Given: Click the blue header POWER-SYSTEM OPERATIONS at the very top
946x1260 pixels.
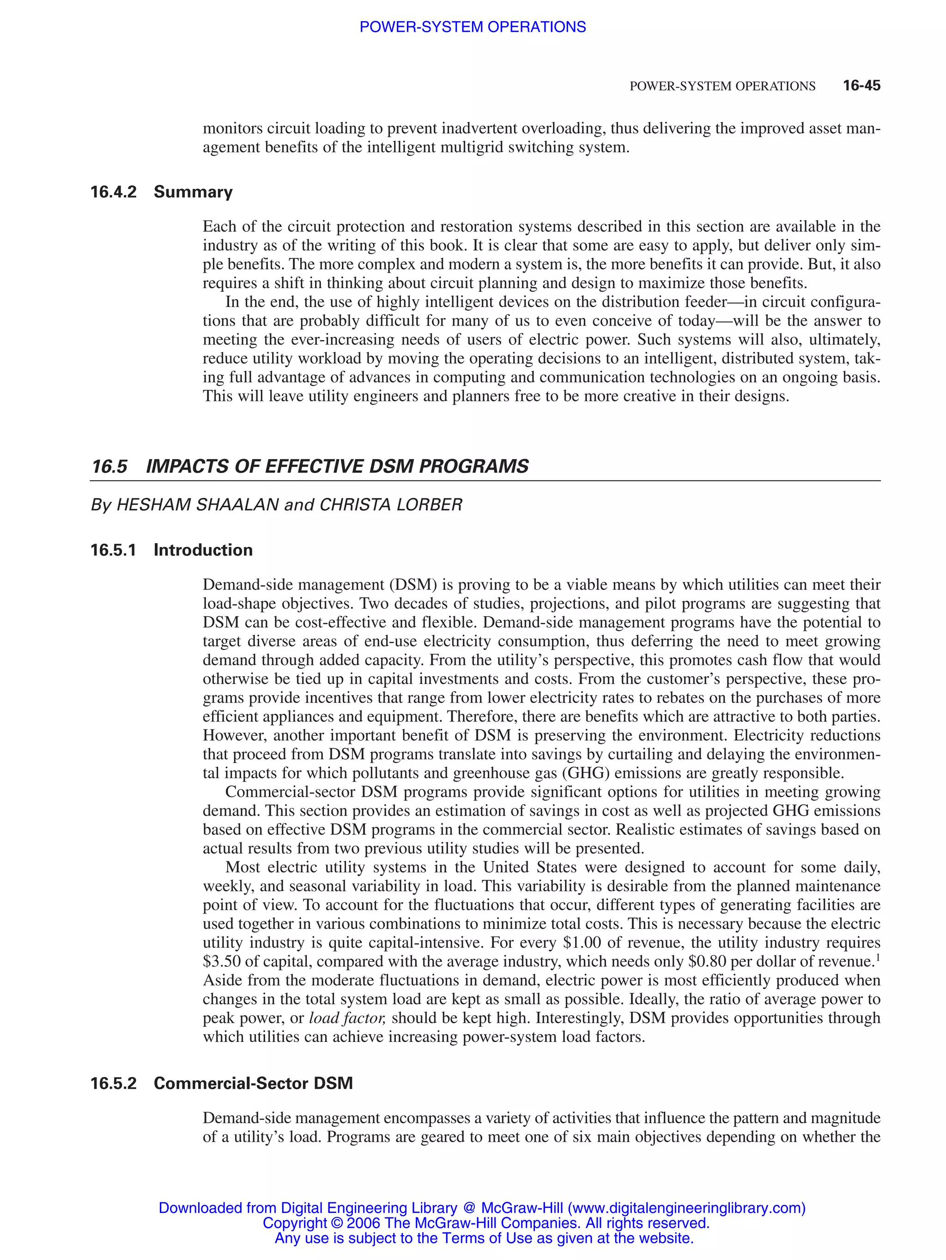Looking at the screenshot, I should pos(472,27).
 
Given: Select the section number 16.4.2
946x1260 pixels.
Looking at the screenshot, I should pos(114,192).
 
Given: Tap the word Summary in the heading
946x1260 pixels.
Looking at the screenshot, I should pos(193,192).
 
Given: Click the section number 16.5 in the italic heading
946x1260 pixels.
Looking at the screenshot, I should pos(109,466).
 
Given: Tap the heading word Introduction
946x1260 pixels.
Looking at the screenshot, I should pos(203,550).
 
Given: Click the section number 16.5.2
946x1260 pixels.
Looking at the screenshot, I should pos(114,1084).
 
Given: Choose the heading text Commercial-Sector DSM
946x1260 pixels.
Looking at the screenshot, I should pos(253,1084).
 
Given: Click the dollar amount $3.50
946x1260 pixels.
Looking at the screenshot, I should pos(221,962).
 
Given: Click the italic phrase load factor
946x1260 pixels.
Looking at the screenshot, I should pos(347,1018).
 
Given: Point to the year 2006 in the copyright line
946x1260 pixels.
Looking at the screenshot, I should pos(364,1224).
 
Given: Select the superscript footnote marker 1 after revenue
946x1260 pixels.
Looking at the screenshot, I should pos(878,958).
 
